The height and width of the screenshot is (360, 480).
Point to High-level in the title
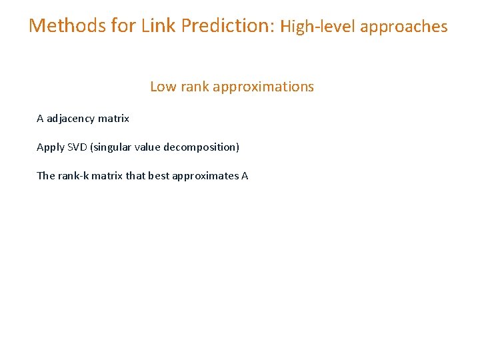318,27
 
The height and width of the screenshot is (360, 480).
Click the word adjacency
71,119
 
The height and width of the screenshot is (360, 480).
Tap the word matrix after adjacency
113,119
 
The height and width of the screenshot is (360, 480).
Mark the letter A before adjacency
40,119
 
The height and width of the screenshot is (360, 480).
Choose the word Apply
51,147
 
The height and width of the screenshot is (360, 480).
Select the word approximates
205,177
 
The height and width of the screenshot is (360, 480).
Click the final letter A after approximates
245,176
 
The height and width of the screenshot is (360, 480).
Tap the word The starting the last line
46,176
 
